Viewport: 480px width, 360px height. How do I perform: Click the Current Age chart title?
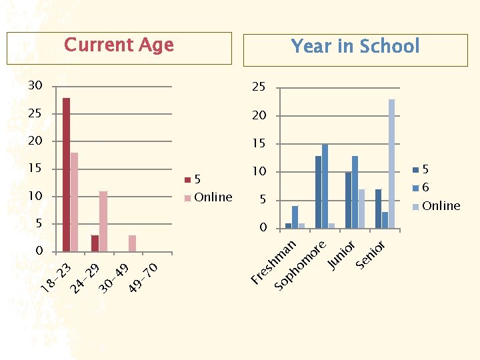119,45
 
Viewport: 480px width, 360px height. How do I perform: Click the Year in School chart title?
355,47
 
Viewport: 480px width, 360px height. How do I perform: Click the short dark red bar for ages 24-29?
95,243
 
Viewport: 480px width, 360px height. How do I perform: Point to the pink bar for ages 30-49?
132,243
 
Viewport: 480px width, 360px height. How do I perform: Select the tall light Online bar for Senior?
391,163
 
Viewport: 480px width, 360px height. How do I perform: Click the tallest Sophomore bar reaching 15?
325,186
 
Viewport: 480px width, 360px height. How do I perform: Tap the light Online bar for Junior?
361,208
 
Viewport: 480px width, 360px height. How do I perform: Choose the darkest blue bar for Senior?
378,208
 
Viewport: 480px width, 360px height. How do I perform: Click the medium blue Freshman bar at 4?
295,217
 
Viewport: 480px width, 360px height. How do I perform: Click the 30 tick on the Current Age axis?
35,85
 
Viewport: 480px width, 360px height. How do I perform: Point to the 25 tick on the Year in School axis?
259,88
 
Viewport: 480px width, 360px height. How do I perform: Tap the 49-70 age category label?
143,278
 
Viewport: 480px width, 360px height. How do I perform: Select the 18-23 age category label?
56,278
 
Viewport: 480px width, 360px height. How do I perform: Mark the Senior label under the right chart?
371,255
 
